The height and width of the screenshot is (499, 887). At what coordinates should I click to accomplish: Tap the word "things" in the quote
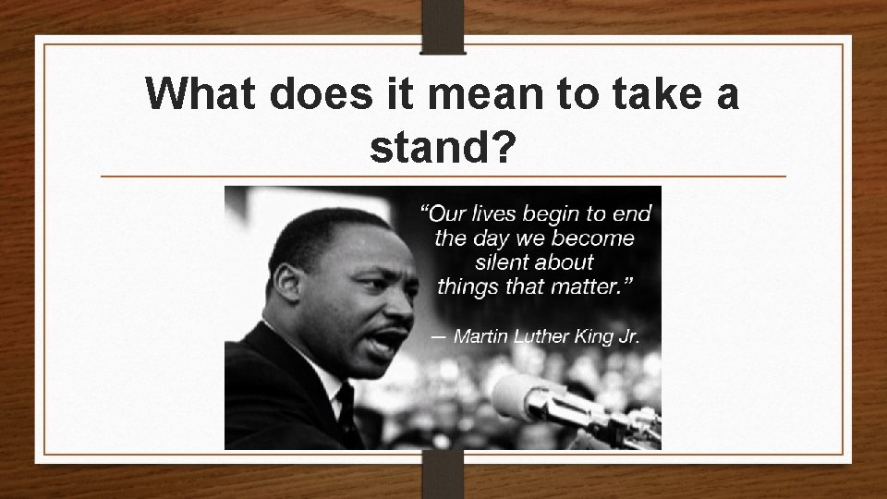pos(468,286)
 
